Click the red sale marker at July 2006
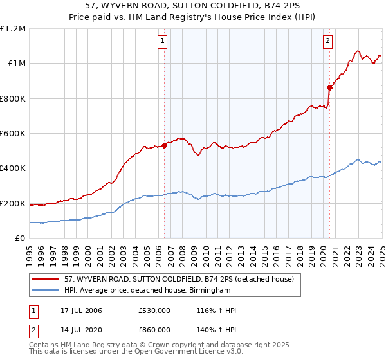click(164, 145)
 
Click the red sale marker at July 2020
click(329, 87)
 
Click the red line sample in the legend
click(46, 278)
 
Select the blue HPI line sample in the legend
click(46, 291)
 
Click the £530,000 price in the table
click(154, 310)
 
